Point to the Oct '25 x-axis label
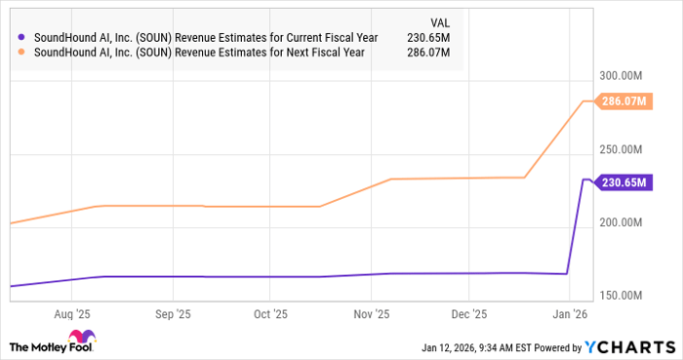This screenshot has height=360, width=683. pyautogui.click(x=270, y=315)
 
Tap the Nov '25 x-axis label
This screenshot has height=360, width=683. pyautogui.click(x=370, y=315)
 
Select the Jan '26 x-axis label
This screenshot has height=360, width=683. pyautogui.click(x=567, y=315)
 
